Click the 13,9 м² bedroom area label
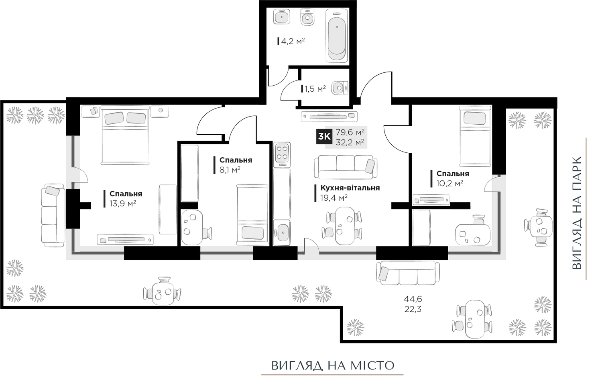tap(123, 204)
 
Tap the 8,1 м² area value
tap(230, 170)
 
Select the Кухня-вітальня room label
tap(350, 188)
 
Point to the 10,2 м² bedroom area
tap(450, 183)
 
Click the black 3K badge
tap(324, 136)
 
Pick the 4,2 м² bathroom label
tap(293, 41)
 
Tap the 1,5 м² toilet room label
tap(315, 89)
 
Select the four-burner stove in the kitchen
tap(282, 155)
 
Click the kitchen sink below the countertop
tap(282, 232)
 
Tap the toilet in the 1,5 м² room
tap(340, 88)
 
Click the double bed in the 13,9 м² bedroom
tap(125, 135)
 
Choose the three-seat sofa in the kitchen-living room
tap(346, 167)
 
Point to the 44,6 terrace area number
tap(413, 299)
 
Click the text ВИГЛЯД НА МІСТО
tap(333, 366)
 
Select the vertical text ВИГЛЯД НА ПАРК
tap(577, 213)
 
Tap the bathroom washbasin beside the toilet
tap(281, 16)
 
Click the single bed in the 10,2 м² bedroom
tap(475, 136)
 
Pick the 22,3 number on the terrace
tap(413, 309)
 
